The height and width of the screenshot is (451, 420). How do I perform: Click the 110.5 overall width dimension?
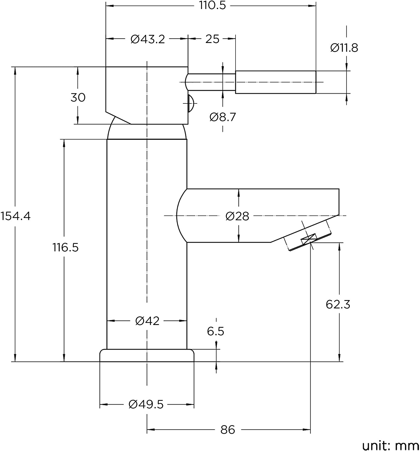(212, 5)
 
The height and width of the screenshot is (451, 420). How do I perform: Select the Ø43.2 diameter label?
(148, 39)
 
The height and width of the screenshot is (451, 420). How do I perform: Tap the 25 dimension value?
(212, 39)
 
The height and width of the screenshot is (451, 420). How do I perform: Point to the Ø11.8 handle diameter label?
(344, 48)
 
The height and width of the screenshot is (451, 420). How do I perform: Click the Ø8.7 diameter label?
(223, 117)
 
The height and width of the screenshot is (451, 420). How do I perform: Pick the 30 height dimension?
(78, 97)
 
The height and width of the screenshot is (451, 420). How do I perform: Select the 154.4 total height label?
(15, 216)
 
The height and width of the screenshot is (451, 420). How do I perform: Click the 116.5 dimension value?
(65, 247)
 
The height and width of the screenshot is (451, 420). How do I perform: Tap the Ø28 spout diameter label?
(237, 216)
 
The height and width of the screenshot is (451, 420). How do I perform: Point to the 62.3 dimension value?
(338, 304)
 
